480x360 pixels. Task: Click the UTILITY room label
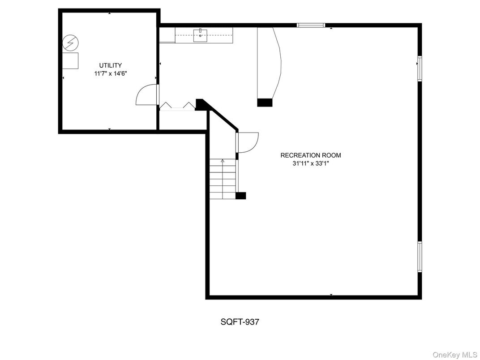(x=111, y=65)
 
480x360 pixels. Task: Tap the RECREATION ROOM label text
(x=310, y=155)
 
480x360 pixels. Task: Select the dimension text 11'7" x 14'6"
(x=111, y=74)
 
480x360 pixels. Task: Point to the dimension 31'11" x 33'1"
(x=310, y=164)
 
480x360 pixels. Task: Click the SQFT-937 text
(x=240, y=321)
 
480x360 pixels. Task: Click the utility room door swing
(x=146, y=95)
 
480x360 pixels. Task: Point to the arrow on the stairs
(x=223, y=160)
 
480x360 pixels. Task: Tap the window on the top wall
(x=311, y=25)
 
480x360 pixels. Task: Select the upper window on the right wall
(x=420, y=68)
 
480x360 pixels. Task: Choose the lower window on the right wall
(x=420, y=257)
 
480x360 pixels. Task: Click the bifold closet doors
(x=177, y=106)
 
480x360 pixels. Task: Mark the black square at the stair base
(x=241, y=195)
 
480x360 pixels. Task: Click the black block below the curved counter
(x=265, y=103)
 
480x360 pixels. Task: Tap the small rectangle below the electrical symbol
(x=70, y=60)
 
